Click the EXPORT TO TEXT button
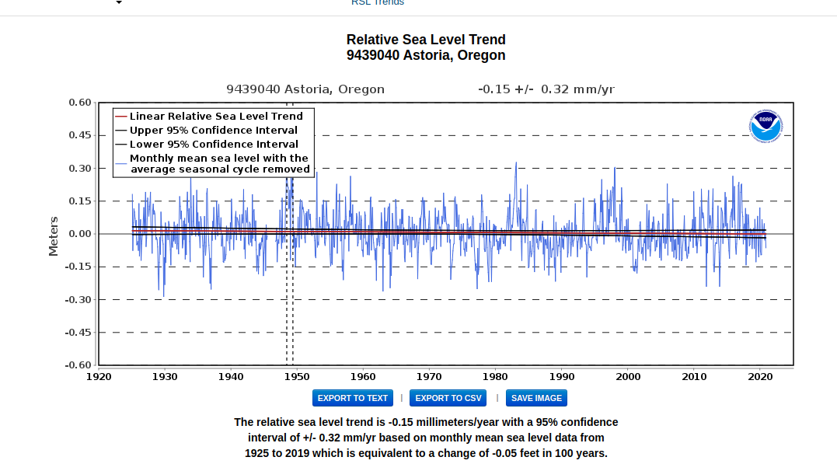(x=352, y=398)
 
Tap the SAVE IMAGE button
(x=536, y=398)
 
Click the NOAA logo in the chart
(x=766, y=126)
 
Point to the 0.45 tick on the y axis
(x=80, y=135)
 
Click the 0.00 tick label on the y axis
(x=80, y=234)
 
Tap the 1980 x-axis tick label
(x=496, y=377)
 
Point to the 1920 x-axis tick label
(x=99, y=377)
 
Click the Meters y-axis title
(x=54, y=235)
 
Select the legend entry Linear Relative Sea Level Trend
(x=216, y=116)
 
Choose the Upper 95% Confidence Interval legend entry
(x=214, y=130)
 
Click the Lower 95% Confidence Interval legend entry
(x=214, y=144)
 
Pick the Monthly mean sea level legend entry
(x=219, y=163)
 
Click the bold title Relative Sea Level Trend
(x=426, y=40)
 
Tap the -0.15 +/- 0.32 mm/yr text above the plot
(x=546, y=89)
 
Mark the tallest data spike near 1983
(x=515, y=164)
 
